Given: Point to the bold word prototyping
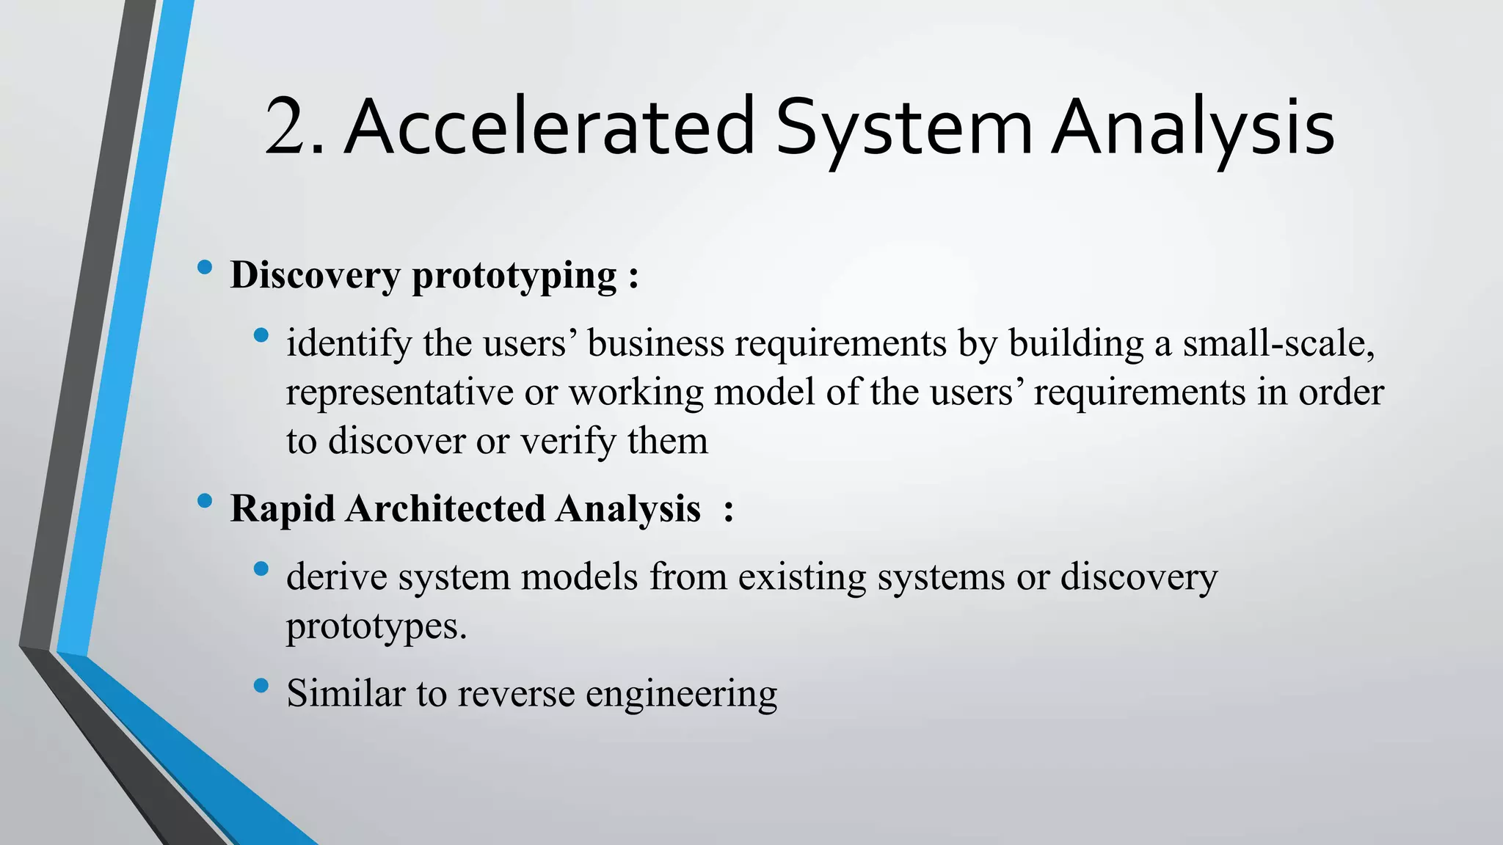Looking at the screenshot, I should pos(514,276).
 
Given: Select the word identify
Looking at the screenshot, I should pos(349,343).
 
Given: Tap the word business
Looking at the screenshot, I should pos(655,343).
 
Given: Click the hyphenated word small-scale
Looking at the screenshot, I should pos(1278,343).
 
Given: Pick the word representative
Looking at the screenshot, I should pos(399,392).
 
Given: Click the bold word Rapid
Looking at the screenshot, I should pos(283,509).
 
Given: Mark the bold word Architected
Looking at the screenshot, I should pos(445,509).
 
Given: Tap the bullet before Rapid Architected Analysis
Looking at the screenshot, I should pos(205,501).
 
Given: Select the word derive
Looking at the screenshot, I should pos(337,577).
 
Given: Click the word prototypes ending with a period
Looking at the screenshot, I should pos(376,626).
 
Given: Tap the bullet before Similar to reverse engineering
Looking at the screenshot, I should pos(261,686).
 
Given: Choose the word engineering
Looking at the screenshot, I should pos(681,694).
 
